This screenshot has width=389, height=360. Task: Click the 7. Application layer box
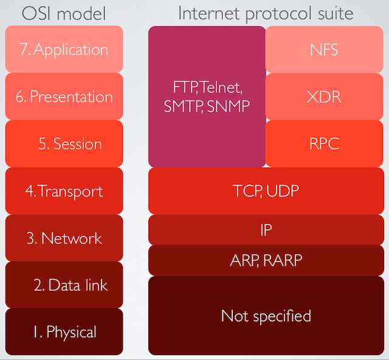(x=64, y=49)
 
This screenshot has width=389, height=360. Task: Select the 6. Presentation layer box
(x=64, y=96)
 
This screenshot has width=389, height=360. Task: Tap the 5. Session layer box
(x=64, y=144)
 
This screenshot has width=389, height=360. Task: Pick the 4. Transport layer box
(x=64, y=191)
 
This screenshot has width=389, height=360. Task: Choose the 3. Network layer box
(x=64, y=238)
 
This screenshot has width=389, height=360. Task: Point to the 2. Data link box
(x=64, y=285)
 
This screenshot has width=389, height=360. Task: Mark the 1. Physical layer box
(x=64, y=331)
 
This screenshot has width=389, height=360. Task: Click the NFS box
(x=324, y=49)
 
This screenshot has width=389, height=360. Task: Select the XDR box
(x=324, y=97)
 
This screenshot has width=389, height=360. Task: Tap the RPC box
(x=324, y=144)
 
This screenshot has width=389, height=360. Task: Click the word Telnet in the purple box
(x=220, y=88)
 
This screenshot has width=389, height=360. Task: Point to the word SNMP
(x=229, y=106)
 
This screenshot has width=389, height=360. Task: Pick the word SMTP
(x=184, y=106)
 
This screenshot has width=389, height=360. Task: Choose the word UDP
(x=283, y=191)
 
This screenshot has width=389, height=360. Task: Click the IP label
(x=266, y=230)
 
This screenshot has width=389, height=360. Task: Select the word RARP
(x=283, y=260)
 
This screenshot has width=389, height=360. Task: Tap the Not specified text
(x=266, y=316)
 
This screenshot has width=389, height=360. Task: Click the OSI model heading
(x=64, y=13)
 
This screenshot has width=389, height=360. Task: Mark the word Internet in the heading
(x=209, y=13)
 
